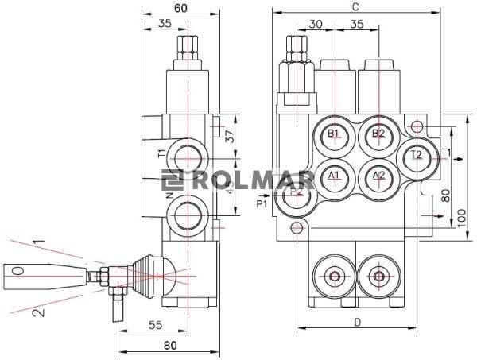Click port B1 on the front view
[334, 133]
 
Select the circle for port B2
[378, 133]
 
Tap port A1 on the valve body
[334, 175]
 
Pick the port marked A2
[378, 175]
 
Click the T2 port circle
[417, 156]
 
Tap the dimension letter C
[355, 6]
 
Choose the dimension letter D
[357, 322]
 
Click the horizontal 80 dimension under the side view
[169, 345]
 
